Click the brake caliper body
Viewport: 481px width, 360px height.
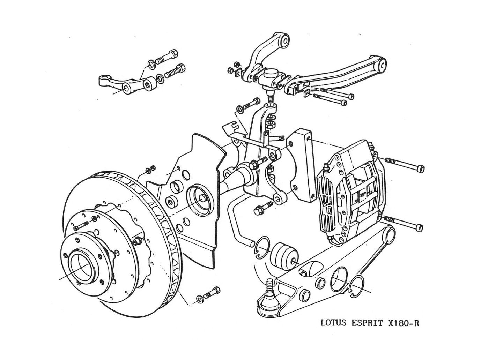pos(353,192)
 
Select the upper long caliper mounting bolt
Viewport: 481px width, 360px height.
pos(405,165)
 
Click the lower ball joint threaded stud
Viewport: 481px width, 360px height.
pos(270,287)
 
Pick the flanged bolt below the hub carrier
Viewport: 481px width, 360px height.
pos(262,208)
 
